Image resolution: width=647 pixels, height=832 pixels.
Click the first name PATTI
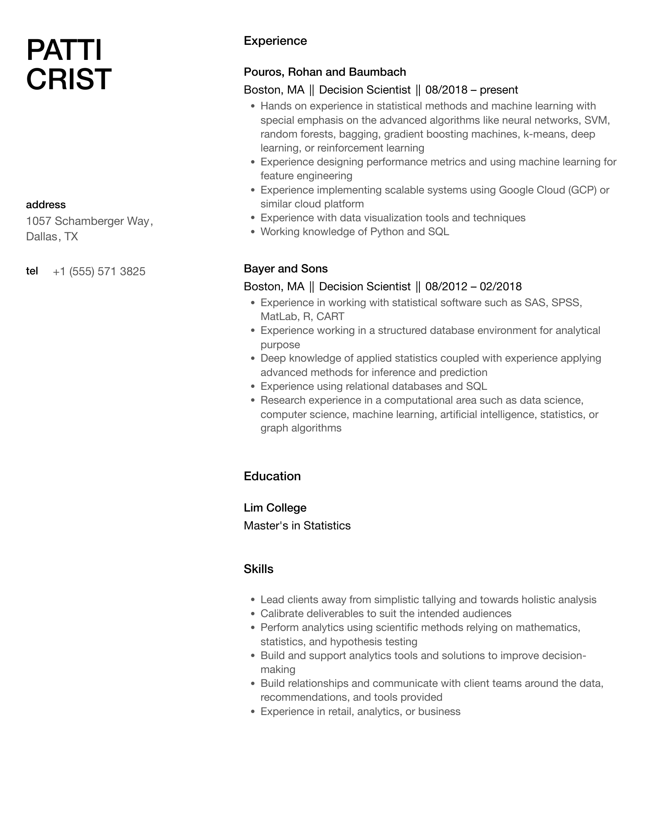point(64,50)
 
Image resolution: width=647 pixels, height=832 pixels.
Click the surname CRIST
point(69,79)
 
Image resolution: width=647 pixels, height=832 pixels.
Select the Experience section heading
point(275,41)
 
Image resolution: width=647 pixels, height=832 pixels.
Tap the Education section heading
point(272,476)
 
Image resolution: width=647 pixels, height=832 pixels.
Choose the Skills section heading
point(258,569)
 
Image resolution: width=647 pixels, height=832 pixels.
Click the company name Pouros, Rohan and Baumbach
point(325,72)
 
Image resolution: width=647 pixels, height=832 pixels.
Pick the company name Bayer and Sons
point(285,268)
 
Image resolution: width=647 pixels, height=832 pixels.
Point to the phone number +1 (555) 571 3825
point(99,271)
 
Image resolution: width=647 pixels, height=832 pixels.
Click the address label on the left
point(46,205)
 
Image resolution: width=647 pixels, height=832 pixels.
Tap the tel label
point(32,271)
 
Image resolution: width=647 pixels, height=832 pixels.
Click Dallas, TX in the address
point(52,237)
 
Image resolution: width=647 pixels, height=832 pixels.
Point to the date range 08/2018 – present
point(471,90)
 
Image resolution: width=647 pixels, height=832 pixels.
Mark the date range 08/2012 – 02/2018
point(473,286)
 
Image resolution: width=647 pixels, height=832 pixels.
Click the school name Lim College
point(275,508)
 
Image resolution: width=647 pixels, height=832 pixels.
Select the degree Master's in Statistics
point(297,525)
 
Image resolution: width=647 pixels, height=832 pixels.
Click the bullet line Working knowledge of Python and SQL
point(354,232)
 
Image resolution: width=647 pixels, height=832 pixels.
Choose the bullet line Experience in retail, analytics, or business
point(360,711)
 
